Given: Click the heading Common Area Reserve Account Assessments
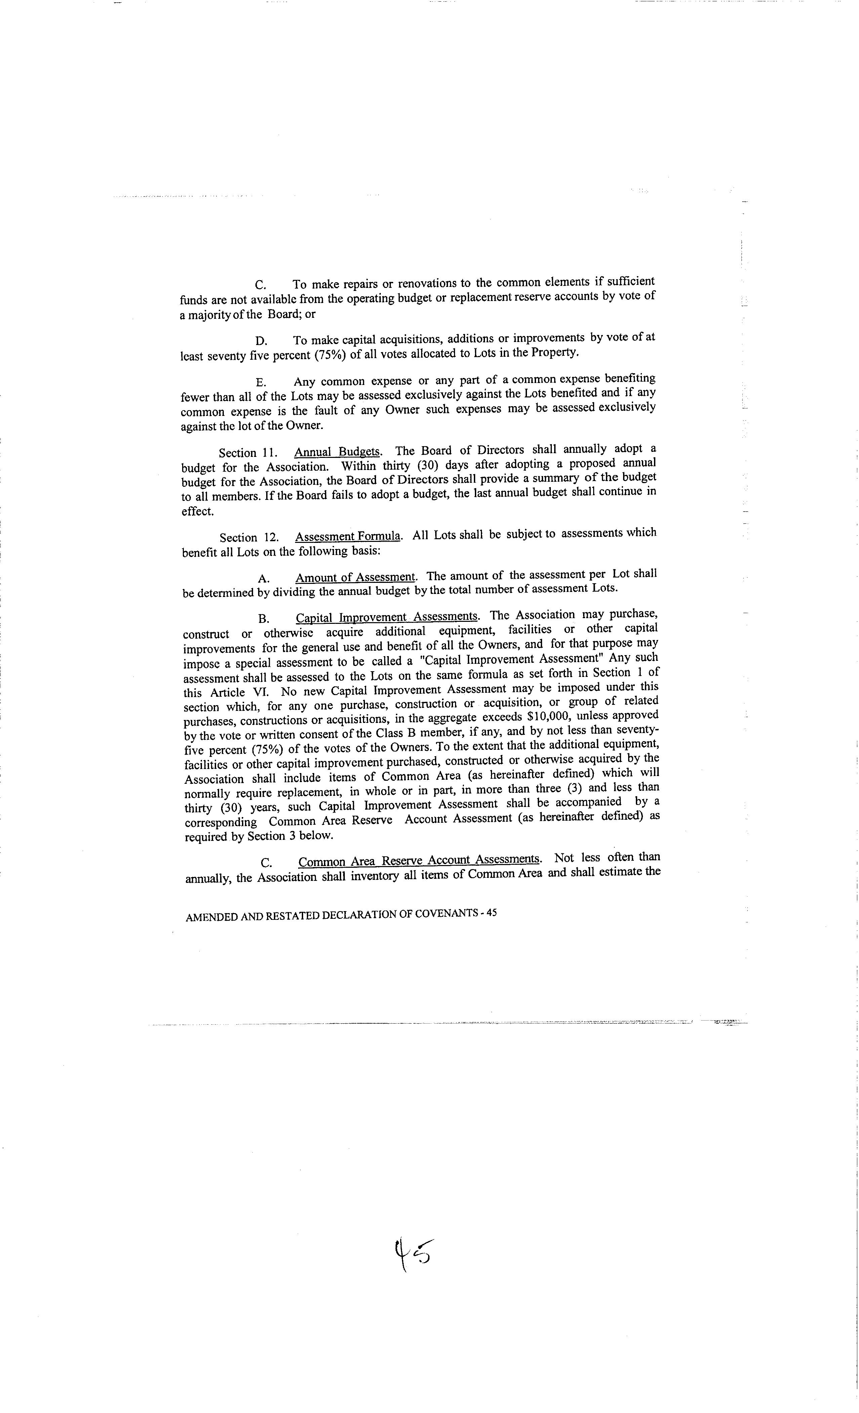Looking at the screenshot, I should [x=419, y=860].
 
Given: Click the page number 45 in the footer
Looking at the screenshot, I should [x=491, y=913].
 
